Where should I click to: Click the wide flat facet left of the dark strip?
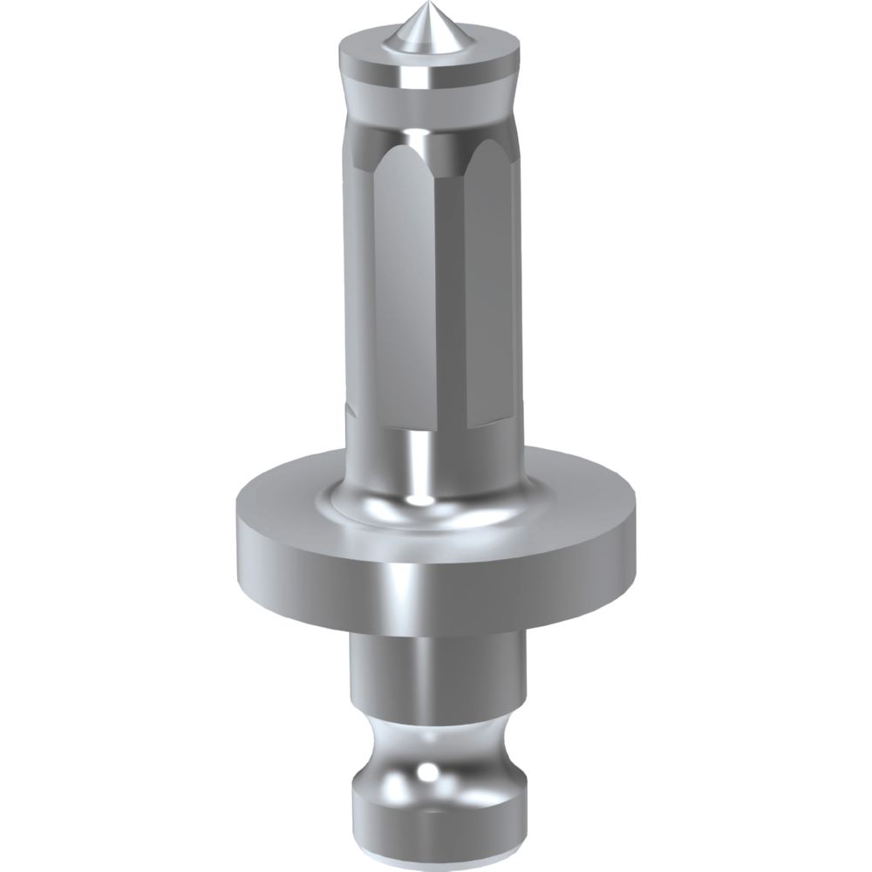click(x=401, y=279)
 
